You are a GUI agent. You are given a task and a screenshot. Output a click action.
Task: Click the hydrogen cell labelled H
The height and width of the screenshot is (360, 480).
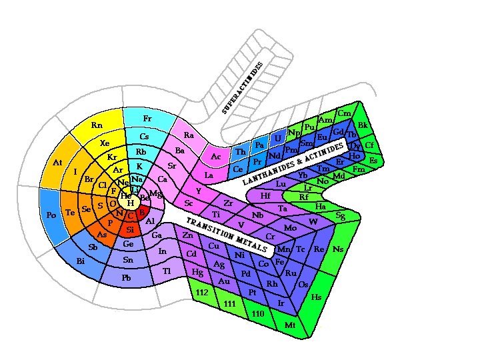(x=131, y=203)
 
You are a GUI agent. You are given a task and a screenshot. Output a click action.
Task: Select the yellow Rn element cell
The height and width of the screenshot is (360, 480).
(x=97, y=125)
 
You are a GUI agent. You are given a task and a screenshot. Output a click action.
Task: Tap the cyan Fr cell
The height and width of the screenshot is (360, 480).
(x=147, y=119)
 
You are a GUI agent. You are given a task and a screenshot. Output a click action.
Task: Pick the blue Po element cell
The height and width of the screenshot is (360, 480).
(x=52, y=215)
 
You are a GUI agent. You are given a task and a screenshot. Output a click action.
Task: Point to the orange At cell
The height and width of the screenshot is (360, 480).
(x=57, y=163)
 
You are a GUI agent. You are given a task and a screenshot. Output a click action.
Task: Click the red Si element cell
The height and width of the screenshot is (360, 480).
(x=131, y=229)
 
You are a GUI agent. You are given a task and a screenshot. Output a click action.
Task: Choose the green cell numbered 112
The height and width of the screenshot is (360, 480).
(x=202, y=293)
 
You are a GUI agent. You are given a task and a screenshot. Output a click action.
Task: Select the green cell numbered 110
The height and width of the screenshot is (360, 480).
(x=259, y=313)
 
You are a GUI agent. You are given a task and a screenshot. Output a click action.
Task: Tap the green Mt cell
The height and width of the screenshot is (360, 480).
(x=290, y=325)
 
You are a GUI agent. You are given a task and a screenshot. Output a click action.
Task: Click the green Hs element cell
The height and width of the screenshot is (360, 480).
(x=316, y=297)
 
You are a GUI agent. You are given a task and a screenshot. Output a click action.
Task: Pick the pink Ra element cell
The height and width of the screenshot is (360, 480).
(x=189, y=135)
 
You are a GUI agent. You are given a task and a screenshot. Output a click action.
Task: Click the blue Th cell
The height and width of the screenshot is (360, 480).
(x=241, y=152)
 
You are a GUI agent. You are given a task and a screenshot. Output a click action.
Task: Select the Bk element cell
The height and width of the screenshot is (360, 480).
(x=363, y=125)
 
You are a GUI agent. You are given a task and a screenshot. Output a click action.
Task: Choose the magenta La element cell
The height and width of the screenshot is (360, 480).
(x=209, y=175)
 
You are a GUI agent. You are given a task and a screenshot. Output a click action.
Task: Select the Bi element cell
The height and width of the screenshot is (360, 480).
(x=81, y=260)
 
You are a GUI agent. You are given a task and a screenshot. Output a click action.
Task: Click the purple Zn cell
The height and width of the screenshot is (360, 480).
(x=187, y=235)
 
